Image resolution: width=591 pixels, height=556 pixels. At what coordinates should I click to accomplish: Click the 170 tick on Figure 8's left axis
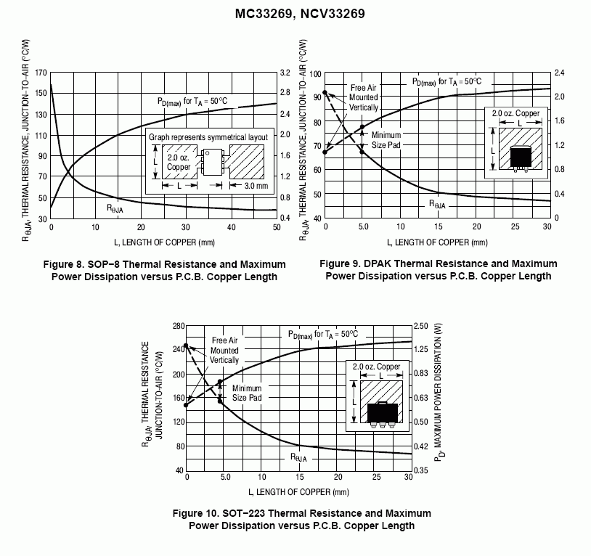click(39, 73)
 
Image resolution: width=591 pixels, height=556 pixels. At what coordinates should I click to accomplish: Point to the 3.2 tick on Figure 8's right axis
click(285, 73)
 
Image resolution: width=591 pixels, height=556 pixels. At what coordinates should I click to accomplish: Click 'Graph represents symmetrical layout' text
click(208, 136)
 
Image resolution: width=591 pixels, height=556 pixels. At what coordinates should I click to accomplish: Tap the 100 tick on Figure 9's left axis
click(316, 74)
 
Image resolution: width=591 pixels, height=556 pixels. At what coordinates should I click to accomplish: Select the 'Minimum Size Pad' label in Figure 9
click(386, 140)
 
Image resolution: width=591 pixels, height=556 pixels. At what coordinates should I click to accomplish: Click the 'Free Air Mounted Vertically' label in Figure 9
click(363, 97)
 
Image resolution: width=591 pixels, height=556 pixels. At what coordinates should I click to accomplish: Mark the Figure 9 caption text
click(439, 269)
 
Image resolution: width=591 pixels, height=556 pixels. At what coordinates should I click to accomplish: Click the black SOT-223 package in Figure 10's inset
click(383, 412)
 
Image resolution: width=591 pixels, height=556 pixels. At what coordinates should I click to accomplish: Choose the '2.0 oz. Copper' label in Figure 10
click(376, 367)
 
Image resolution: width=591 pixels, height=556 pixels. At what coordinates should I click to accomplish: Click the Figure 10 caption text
click(301, 520)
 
